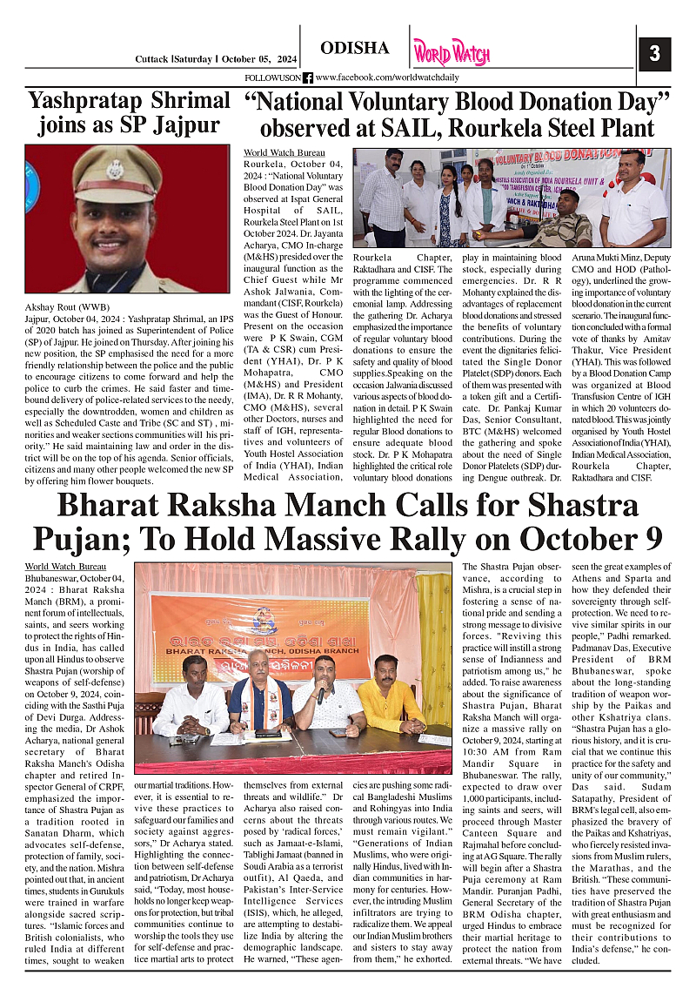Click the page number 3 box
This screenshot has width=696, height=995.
tap(654, 53)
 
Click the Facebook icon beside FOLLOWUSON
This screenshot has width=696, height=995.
tap(307, 77)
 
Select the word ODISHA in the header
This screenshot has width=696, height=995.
tap(354, 49)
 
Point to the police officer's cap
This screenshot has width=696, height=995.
tap(114, 165)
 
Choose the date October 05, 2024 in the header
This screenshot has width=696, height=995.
tap(252, 59)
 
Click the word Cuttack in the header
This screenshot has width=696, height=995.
tap(152, 59)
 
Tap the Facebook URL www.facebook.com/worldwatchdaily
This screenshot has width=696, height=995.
tap(386, 77)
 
